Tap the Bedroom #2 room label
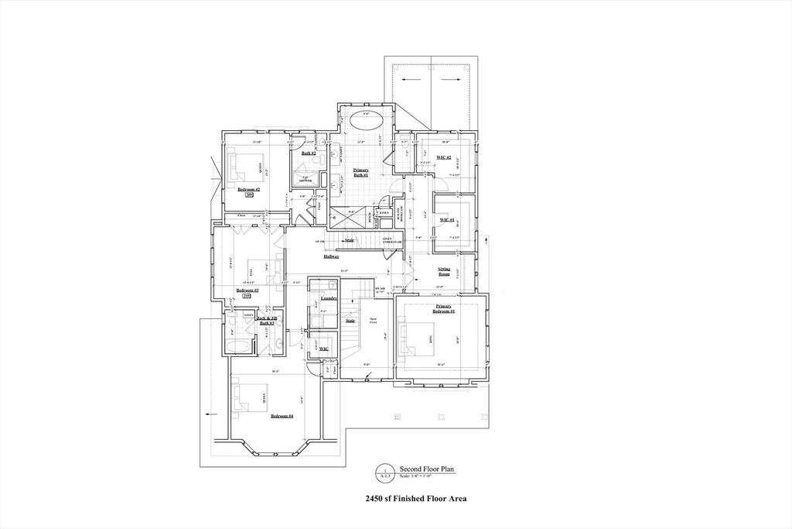click(x=248, y=189)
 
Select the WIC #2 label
click(x=444, y=158)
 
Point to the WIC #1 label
click(x=446, y=220)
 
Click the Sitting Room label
click(x=444, y=271)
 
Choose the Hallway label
click(x=332, y=256)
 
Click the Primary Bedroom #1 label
click(x=444, y=307)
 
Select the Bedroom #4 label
click(x=282, y=416)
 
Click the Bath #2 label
click(x=308, y=153)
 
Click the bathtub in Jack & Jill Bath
click(x=240, y=346)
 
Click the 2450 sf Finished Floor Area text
click(x=415, y=500)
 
